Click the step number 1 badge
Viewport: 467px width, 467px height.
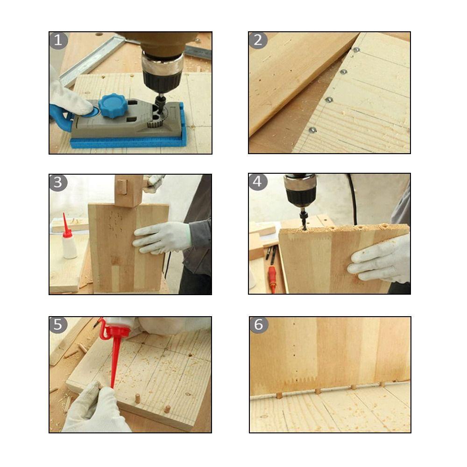click(x=58, y=40)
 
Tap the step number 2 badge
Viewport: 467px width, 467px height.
click(x=258, y=40)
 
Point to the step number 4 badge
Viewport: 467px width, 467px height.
click(x=257, y=181)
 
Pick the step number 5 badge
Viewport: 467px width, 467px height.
click(x=58, y=325)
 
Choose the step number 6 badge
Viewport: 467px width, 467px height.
click(x=259, y=325)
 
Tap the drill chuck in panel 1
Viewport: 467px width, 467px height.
click(x=162, y=72)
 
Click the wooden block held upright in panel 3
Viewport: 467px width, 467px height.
click(x=128, y=191)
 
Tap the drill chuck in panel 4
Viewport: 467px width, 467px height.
click(x=300, y=191)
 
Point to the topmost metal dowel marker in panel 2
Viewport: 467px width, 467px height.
click(x=356, y=50)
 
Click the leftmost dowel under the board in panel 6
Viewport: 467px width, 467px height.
click(x=279, y=395)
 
